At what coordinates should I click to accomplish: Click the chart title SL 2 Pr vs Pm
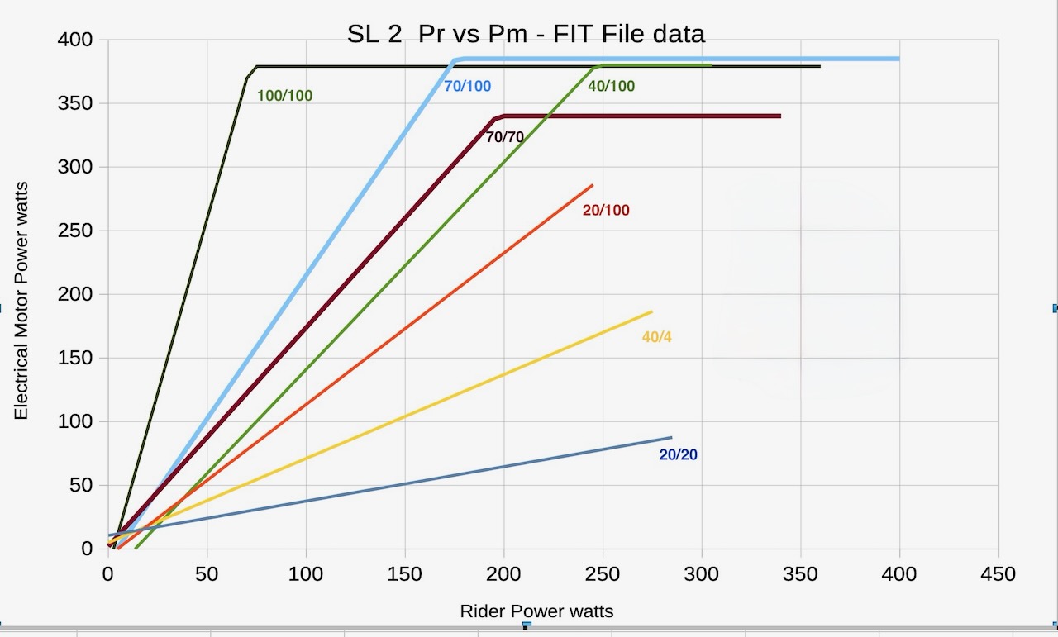click(526, 34)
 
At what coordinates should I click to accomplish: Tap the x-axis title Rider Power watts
click(536, 611)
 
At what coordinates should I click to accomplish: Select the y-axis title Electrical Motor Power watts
click(21, 299)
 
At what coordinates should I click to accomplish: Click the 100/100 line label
click(284, 96)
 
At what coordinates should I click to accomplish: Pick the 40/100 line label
click(611, 85)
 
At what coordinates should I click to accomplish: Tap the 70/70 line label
click(504, 137)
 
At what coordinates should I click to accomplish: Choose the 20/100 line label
click(606, 211)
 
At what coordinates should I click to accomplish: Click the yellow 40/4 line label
click(656, 337)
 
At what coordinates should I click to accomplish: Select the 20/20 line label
click(678, 454)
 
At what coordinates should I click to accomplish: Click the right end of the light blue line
click(898, 59)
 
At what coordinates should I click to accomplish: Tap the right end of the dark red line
click(779, 116)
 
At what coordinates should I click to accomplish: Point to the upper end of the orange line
click(593, 185)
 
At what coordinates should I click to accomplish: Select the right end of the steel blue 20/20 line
click(671, 437)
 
